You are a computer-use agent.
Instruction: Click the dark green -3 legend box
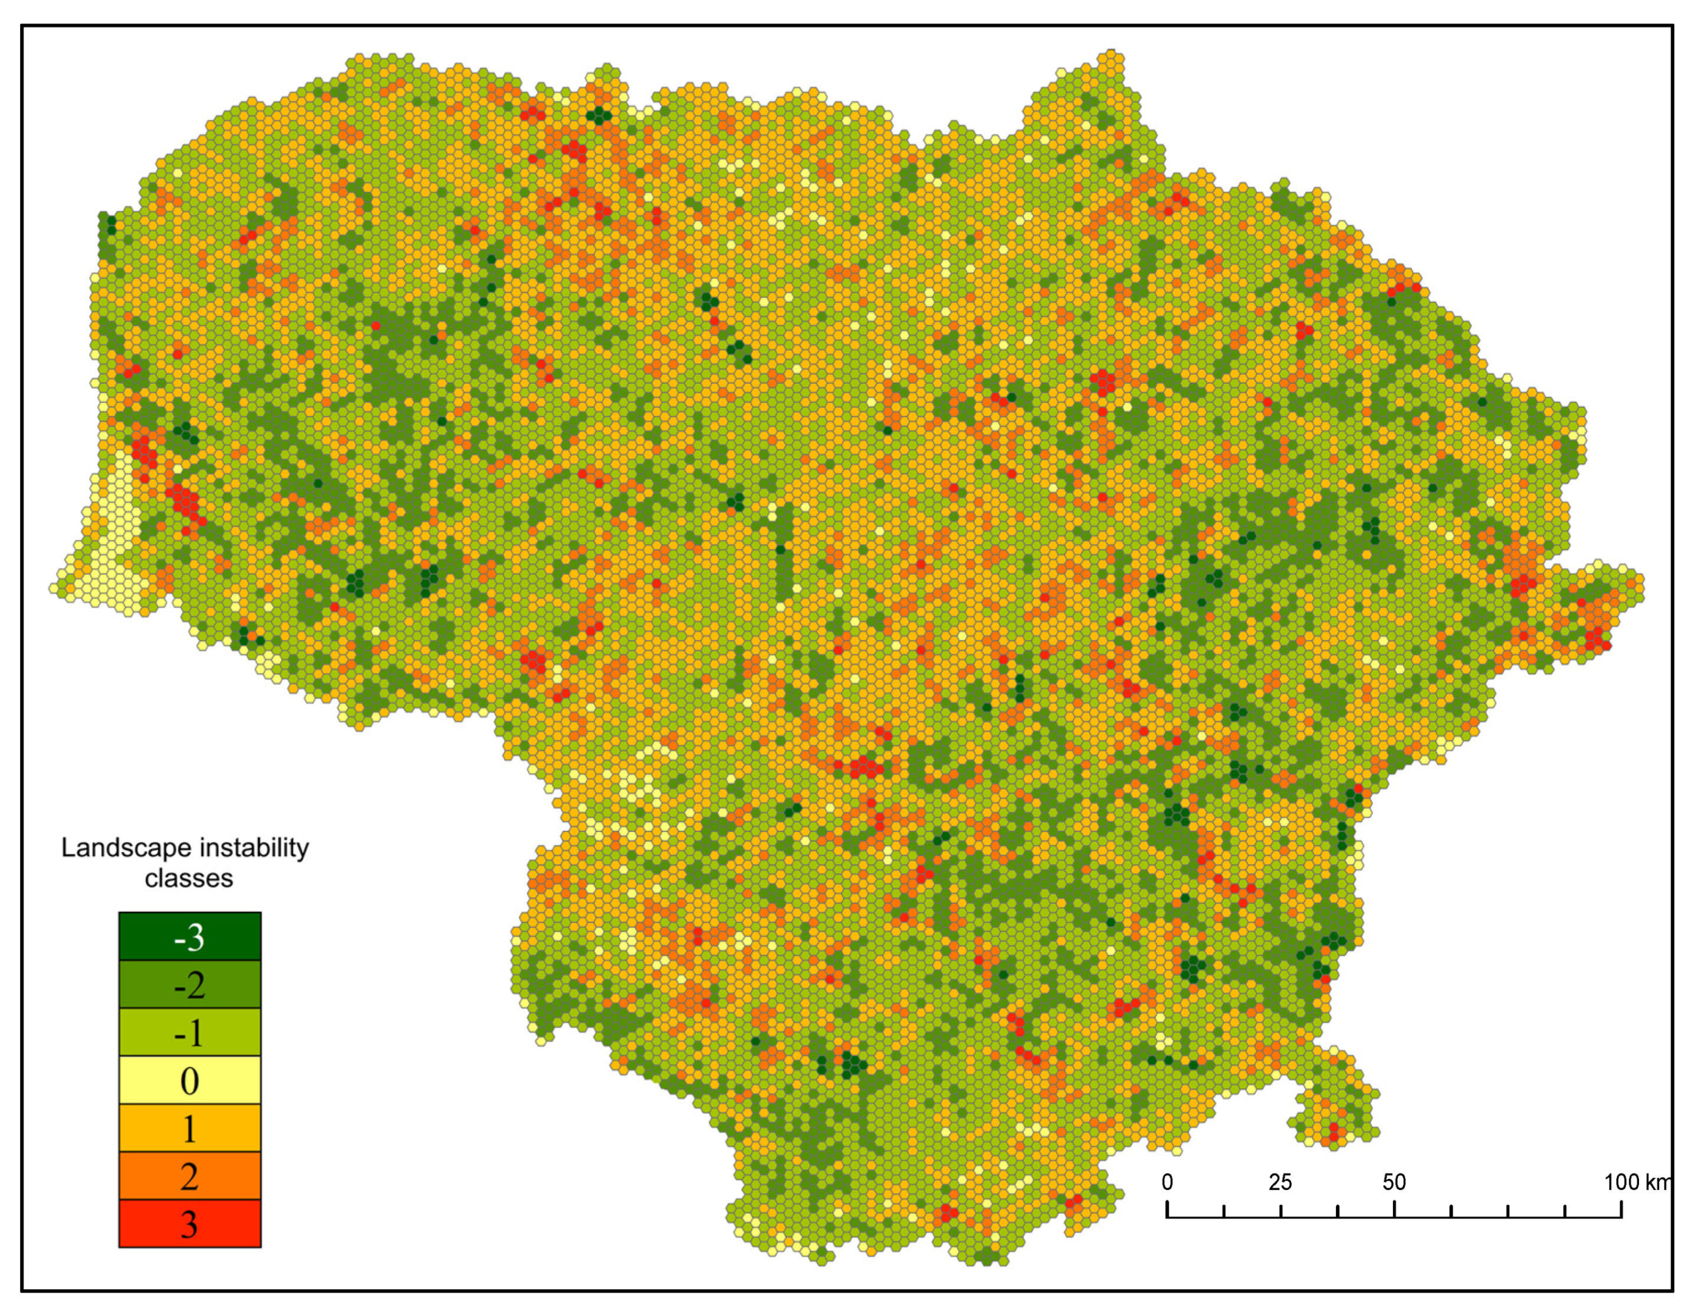click(189, 936)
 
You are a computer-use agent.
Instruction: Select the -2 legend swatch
click(189, 985)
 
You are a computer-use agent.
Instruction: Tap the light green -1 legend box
click(189, 1033)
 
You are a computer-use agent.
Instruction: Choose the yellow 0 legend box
click(189, 1080)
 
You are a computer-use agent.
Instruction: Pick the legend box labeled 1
click(189, 1128)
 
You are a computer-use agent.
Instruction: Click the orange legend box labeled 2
click(189, 1176)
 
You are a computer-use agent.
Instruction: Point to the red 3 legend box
click(189, 1224)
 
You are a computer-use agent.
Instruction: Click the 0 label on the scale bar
click(1167, 1182)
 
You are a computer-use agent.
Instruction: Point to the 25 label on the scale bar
click(1280, 1182)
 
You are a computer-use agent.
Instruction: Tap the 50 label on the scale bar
click(1394, 1182)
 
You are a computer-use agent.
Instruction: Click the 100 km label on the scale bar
click(1636, 1182)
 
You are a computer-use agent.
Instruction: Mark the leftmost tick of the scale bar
click(1167, 1209)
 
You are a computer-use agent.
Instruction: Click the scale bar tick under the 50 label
click(1395, 1209)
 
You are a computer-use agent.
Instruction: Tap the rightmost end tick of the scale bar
click(1621, 1209)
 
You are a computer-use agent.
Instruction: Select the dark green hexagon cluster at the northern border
click(599, 116)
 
